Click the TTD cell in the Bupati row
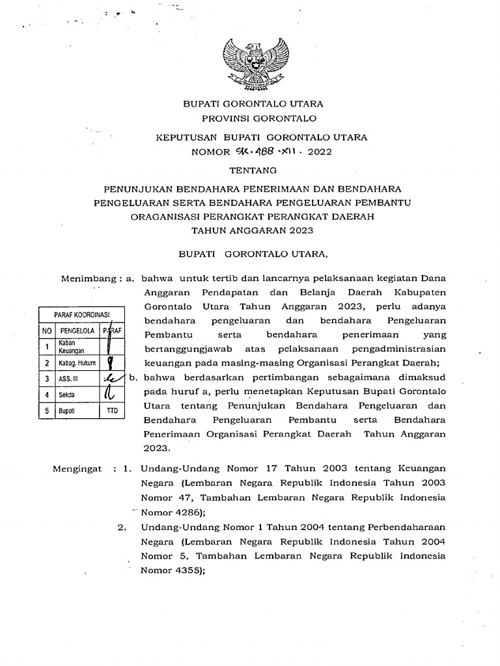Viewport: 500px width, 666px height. (112, 411)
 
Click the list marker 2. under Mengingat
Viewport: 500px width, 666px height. (122, 527)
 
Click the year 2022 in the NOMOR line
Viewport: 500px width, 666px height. (320, 153)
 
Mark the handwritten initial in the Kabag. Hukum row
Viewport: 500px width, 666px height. (112, 362)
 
